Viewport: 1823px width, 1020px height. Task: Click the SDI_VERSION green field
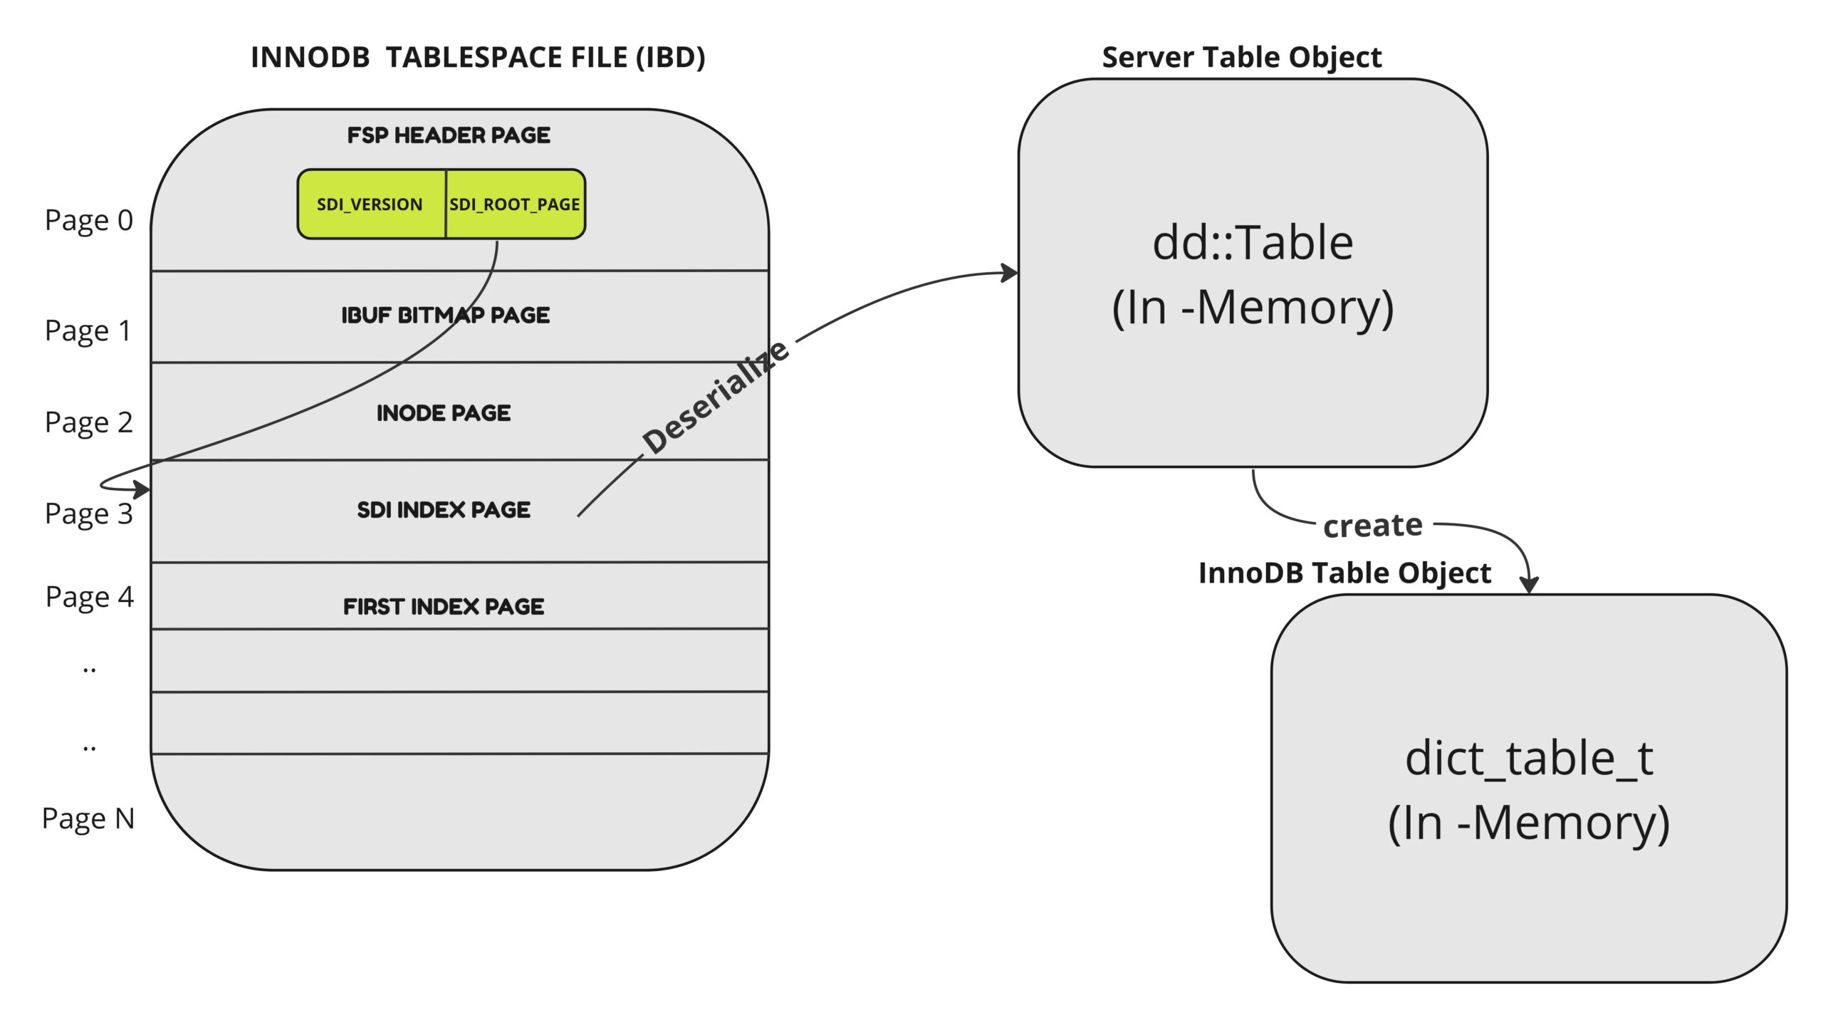click(x=370, y=204)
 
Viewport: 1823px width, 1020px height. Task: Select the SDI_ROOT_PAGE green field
click(x=514, y=204)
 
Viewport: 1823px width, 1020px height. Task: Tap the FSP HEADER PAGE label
click(x=448, y=135)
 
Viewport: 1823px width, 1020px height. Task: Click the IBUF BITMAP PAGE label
click(x=445, y=315)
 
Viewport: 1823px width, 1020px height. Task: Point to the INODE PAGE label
click(x=443, y=413)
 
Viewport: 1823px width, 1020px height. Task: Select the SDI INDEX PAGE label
click(x=443, y=510)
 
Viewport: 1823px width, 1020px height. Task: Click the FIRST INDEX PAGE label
click(x=443, y=607)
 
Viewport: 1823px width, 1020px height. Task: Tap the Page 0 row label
click(x=88, y=220)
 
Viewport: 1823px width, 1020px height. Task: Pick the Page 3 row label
click(x=88, y=514)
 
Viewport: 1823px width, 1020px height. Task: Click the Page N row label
click(x=88, y=818)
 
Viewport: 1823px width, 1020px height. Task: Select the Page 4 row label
click(x=89, y=596)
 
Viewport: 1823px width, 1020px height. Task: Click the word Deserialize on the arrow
click(x=715, y=397)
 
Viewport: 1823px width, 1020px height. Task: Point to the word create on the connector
click(x=1372, y=526)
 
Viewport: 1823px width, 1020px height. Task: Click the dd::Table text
click(x=1253, y=243)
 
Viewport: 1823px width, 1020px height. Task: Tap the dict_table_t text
click(x=1528, y=758)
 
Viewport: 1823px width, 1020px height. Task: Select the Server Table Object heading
click(x=1241, y=57)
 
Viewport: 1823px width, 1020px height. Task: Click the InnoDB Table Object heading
click(x=1344, y=573)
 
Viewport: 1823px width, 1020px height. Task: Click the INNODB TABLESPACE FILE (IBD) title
click(x=478, y=57)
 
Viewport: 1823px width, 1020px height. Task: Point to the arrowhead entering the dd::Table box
click(x=1009, y=272)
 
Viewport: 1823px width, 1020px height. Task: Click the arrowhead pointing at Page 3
click(x=142, y=489)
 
